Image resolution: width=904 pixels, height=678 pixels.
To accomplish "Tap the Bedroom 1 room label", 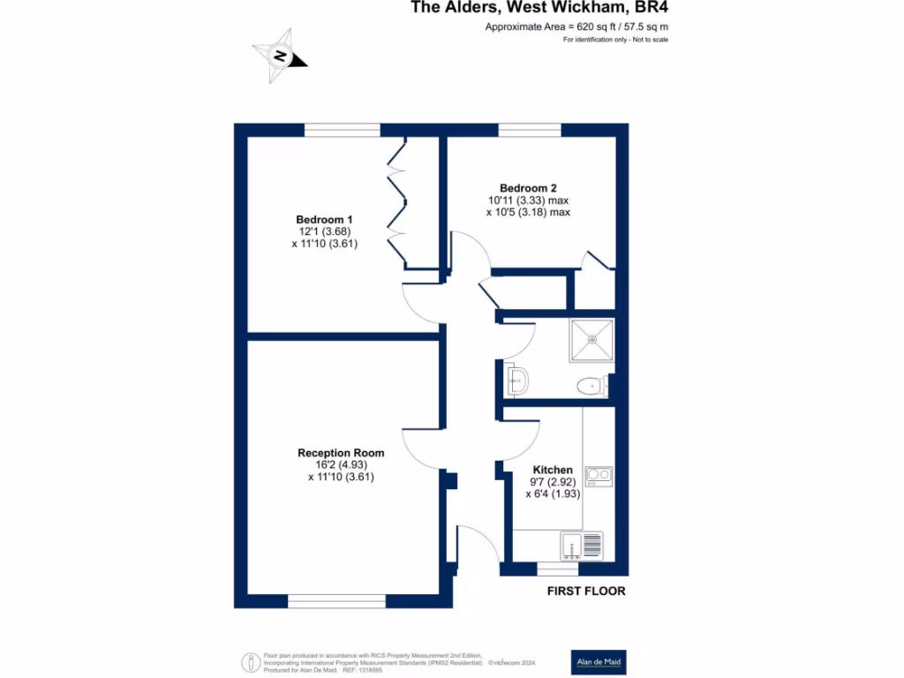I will (x=324, y=220).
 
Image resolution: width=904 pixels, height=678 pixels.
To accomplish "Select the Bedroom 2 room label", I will (x=528, y=188).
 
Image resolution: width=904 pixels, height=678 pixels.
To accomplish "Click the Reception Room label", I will (x=341, y=453).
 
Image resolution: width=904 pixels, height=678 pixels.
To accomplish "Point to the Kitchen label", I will (x=553, y=470).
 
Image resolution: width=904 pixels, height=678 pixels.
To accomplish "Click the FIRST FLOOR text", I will (x=586, y=591).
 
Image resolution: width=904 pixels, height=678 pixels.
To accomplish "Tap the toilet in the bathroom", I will (x=589, y=386).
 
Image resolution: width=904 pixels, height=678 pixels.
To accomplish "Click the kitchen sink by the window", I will (x=582, y=545).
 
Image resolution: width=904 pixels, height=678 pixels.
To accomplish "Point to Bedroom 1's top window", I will (x=343, y=130).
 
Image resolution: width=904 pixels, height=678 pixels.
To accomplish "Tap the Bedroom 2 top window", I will (x=530, y=130).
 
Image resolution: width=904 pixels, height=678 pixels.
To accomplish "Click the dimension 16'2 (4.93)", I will (x=341, y=465).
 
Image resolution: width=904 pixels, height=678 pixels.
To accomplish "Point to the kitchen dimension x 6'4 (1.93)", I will (x=553, y=494).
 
